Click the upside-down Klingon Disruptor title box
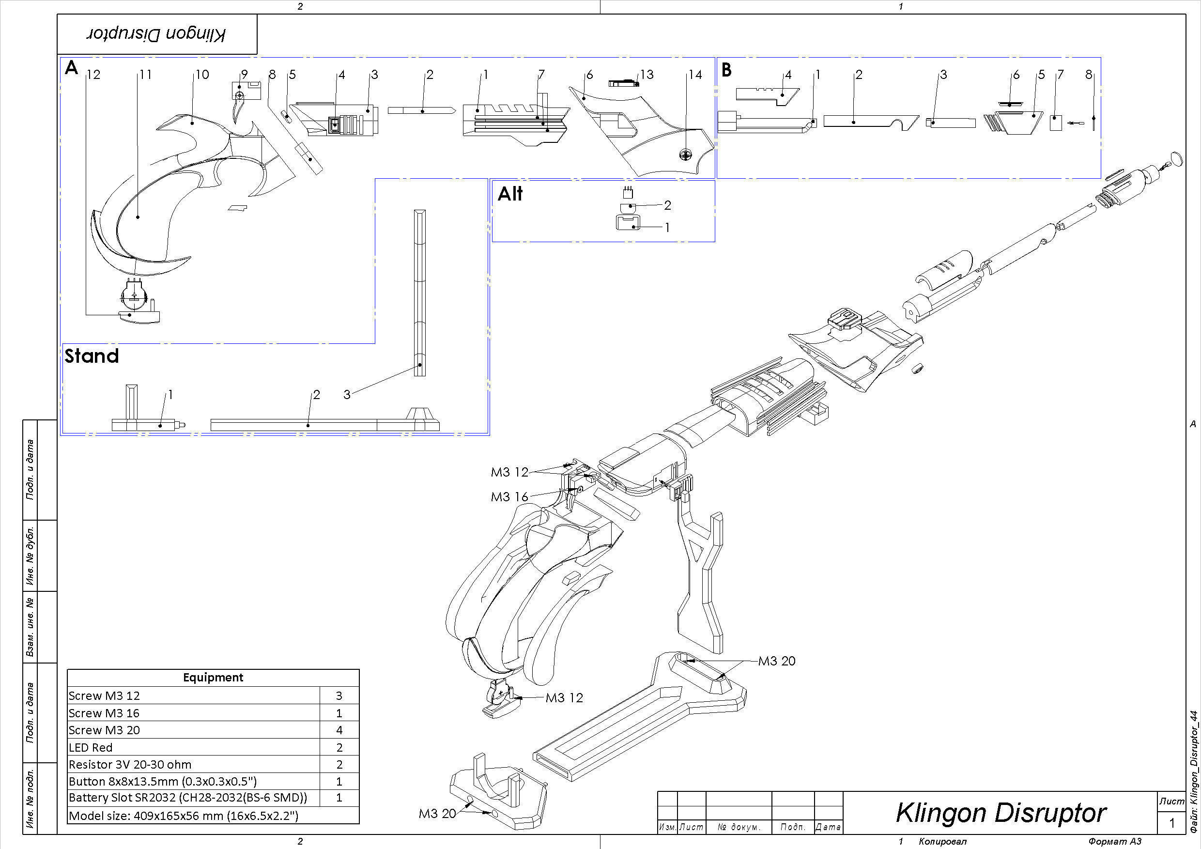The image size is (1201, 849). coord(156,34)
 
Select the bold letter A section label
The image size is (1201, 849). coord(71,68)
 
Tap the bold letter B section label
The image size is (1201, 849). coord(726,70)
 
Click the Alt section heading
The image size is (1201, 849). coord(510,194)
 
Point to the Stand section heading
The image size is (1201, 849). coord(92,356)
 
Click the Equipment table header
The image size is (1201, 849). coord(213,678)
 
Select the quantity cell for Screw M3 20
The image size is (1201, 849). coord(339,730)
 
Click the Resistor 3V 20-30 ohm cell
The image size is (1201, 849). coord(130,764)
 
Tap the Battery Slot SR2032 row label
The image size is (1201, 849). coord(188,798)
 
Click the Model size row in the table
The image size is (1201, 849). coord(184,816)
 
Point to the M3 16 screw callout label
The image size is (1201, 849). coord(509,497)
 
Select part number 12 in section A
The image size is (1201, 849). coord(93,75)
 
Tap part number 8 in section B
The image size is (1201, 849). coord(1089,75)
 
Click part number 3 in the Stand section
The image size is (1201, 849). coord(347,395)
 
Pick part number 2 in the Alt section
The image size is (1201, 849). coord(667,205)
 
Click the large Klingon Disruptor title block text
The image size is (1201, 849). coord(1001,813)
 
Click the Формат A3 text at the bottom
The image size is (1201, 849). coord(1115,842)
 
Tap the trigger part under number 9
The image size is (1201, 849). coord(240,110)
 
